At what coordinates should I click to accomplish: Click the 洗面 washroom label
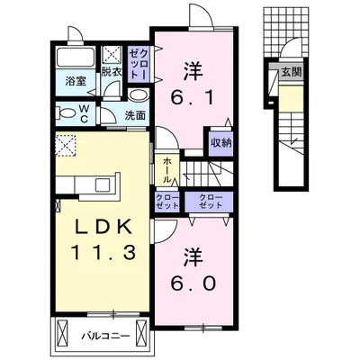pyautogui.click(x=135, y=115)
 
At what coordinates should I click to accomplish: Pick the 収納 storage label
pyautogui.click(x=220, y=140)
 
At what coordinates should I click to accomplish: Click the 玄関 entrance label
pyautogui.click(x=290, y=73)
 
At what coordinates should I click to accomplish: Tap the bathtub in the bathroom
pyautogui.click(x=75, y=61)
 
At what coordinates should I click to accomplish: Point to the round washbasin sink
pyautogui.click(x=137, y=95)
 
